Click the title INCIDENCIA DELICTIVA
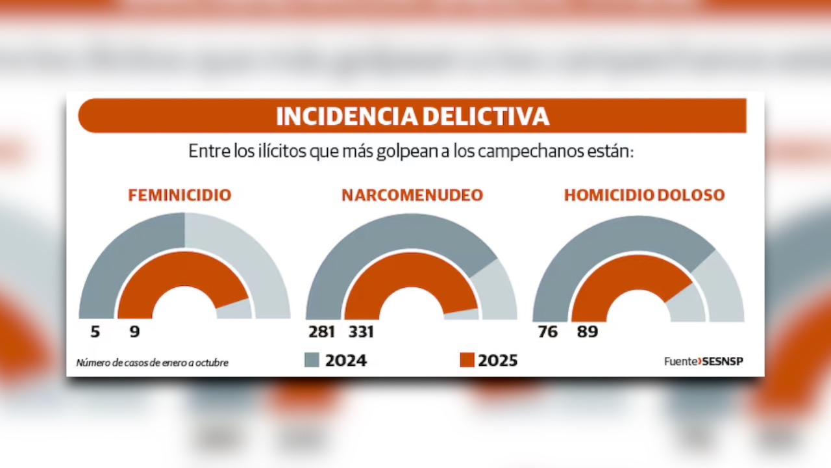tap(412, 116)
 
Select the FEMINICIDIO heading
tap(179, 195)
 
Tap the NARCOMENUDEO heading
tap(412, 195)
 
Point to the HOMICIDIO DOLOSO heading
tap(644, 195)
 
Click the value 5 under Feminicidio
tap(95, 332)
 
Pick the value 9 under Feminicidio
tap(134, 332)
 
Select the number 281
tap(322, 332)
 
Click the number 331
tap(362, 332)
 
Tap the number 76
tap(547, 332)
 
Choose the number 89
tap(587, 332)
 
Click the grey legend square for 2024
tap(312, 360)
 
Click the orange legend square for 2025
tap(467, 360)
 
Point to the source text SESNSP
tap(723, 361)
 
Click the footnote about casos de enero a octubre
tap(153, 363)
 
